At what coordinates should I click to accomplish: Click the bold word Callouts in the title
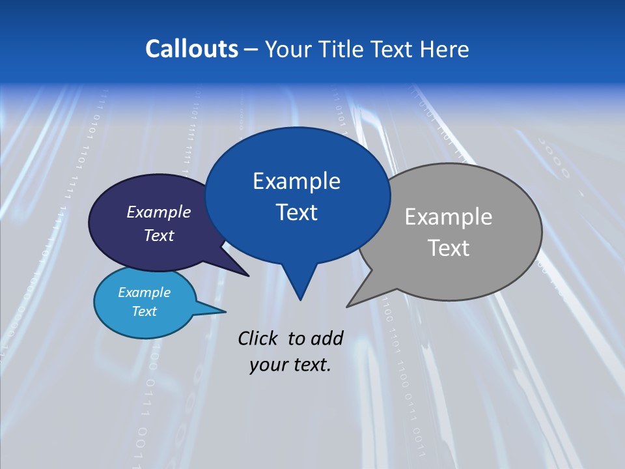pyautogui.click(x=191, y=49)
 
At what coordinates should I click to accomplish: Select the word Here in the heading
pyautogui.click(x=445, y=49)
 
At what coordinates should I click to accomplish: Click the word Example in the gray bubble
pyautogui.click(x=448, y=217)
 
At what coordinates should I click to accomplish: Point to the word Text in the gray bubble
pyautogui.click(x=448, y=248)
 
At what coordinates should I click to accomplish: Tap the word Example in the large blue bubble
pyautogui.click(x=296, y=181)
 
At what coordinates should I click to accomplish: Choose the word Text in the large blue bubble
pyautogui.click(x=296, y=212)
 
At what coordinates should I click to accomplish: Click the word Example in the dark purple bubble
pyautogui.click(x=158, y=212)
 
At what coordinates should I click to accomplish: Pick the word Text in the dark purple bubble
pyautogui.click(x=158, y=235)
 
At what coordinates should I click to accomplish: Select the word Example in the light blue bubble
pyautogui.click(x=144, y=292)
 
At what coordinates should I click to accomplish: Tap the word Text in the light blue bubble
pyautogui.click(x=144, y=311)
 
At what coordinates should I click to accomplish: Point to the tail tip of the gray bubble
pyautogui.click(x=348, y=306)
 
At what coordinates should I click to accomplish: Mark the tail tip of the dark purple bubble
pyautogui.click(x=247, y=276)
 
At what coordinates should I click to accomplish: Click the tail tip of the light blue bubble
pyautogui.click(x=225, y=311)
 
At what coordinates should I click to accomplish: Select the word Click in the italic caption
pyautogui.click(x=258, y=338)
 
